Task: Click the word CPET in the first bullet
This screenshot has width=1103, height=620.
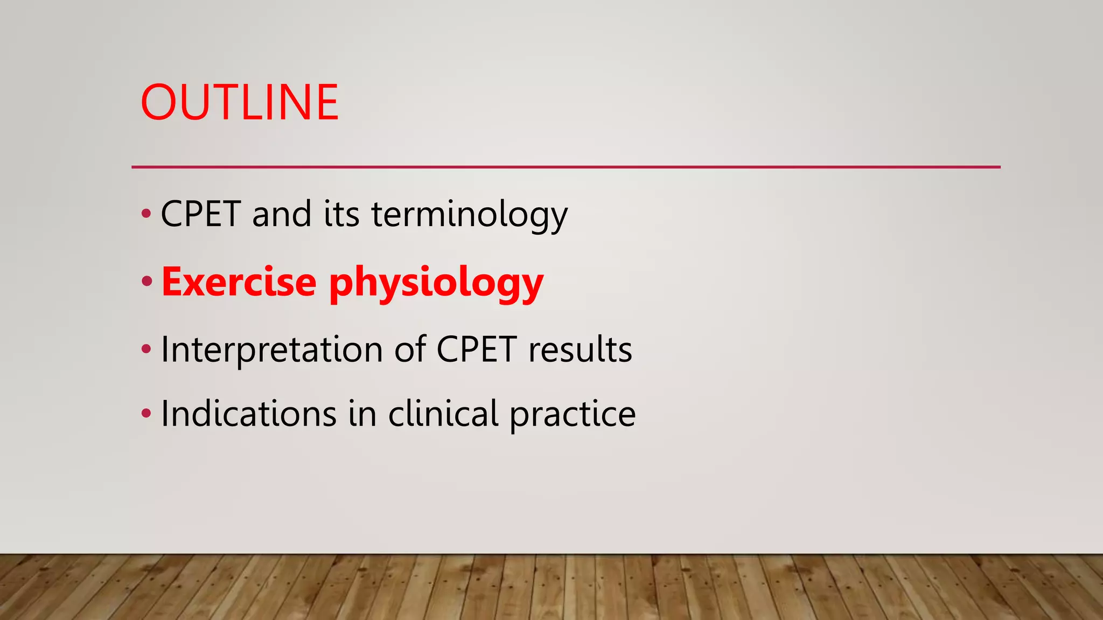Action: pyautogui.click(x=200, y=214)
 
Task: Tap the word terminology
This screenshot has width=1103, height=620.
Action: pyautogui.click(x=469, y=215)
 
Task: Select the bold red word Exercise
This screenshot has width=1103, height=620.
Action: pyautogui.click(x=239, y=282)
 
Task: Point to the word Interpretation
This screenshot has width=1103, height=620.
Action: pyautogui.click(x=271, y=350)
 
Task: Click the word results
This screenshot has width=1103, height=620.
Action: pyautogui.click(x=580, y=350)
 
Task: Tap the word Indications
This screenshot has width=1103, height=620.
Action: pyautogui.click(x=248, y=414)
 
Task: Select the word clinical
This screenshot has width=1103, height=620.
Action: pyautogui.click(x=443, y=414)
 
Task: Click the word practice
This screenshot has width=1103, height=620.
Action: pyautogui.click(x=572, y=415)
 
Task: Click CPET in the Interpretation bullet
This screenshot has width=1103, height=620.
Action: pyautogui.click(x=477, y=350)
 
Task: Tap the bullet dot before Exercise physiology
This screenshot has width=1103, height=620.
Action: pyautogui.click(x=147, y=281)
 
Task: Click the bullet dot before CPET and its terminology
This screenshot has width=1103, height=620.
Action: pyautogui.click(x=146, y=214)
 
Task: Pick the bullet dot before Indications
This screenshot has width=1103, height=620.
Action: pyautogui.click(x=146, y=414)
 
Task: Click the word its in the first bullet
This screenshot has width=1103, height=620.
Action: pyautogui.click(x=341, y=214)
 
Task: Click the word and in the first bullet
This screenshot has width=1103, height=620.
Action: pyautogui.click(x=282, y=214)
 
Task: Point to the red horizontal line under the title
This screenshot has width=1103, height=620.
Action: pyautogui.click(x=566, y=167)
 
